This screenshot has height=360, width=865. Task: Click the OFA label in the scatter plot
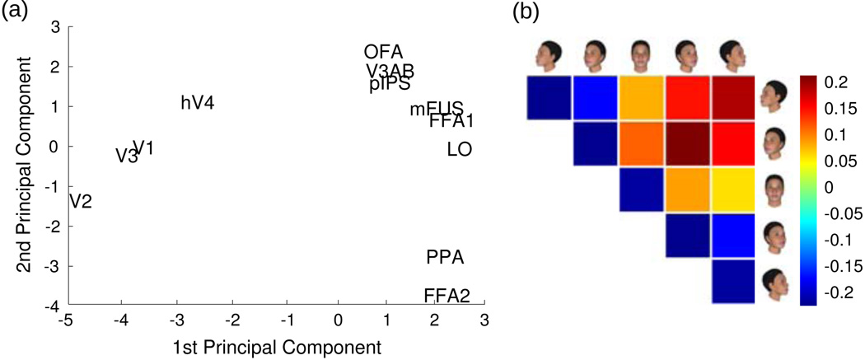pyautogui.click(x=383, y=53)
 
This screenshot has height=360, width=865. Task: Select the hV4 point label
pyautogui.click(x=198, y=103)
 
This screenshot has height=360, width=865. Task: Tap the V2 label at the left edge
pyautogui.click(x=80, y=201)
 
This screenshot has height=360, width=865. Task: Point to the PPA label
pyautogui.click(x=445, y=258)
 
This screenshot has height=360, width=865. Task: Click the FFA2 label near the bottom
pyautogui.click(x=447, y=296)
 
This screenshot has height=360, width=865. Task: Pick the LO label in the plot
pyautogui.click(x=459, y=151)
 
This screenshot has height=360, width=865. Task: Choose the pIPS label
pyautogui.click(x=390, y=84)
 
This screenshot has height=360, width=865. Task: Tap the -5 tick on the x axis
pyautogui.click(x=68, y=319)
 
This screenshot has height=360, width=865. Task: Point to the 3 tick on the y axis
pyautogui.click(x=55, y=27)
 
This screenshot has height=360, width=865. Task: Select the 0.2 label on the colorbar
pyautogui.click(x=839, y=82)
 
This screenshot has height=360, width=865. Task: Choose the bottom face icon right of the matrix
pyautogui.click(x=775, y=283)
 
